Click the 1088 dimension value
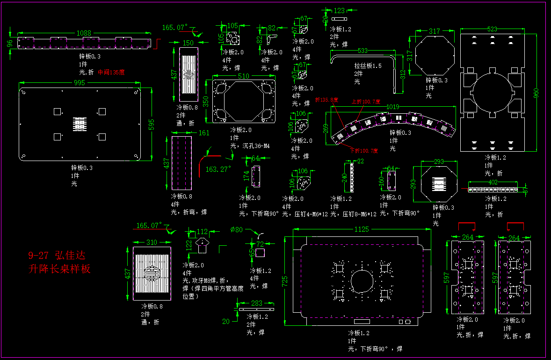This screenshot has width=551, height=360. [x=84, y=33]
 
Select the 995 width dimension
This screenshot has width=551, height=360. [x=80, y=83]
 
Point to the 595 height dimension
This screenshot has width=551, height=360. [x=151, y=125]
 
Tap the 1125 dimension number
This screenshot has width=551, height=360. [x=362, y=229]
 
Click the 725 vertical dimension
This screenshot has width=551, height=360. [x=286, y=280]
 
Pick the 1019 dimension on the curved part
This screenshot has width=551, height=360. [x=392, y=107]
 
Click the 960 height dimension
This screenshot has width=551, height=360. [x=537, y=93]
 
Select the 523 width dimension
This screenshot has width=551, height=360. [x=492, y=29]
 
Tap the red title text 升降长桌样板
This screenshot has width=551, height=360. [x=59, y=269]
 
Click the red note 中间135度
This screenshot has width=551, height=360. [x=111, y=73]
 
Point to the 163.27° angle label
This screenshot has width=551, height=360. [x=218, y=169]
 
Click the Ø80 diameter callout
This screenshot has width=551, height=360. [x=237, y=229]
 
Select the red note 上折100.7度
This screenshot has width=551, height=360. [x=366, y=101]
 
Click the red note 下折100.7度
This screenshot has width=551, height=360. [x=363, y=150]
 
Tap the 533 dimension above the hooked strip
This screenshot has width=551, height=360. [x=362, y=51]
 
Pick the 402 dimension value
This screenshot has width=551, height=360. [x=493, y=182]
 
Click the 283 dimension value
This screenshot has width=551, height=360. [x=257, y=303]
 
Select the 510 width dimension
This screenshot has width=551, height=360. [x=243, y=76]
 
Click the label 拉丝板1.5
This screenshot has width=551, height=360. [x=368, y=66]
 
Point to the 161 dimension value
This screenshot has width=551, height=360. [x=204, y=133]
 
